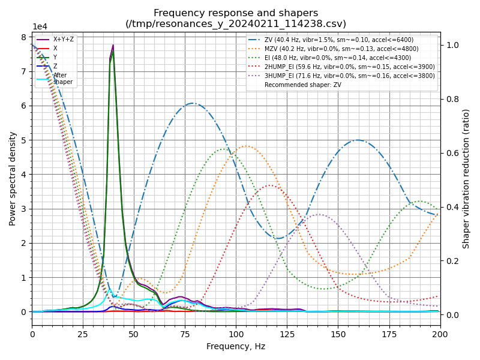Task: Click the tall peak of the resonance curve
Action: tap(113, 46)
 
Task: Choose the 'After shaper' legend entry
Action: tap(62, 79)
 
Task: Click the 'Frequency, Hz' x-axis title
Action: tap(236, 346)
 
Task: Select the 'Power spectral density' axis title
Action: tap(13, 179)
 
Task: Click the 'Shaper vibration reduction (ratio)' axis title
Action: tap(466, 179)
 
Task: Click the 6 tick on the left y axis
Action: tap(25, 106)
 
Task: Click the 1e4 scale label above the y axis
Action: tap(40, 27)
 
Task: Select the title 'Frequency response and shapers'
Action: tap(236, 13)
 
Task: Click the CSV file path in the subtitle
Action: tap(236, 24)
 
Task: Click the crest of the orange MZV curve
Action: tap(246, 146)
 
